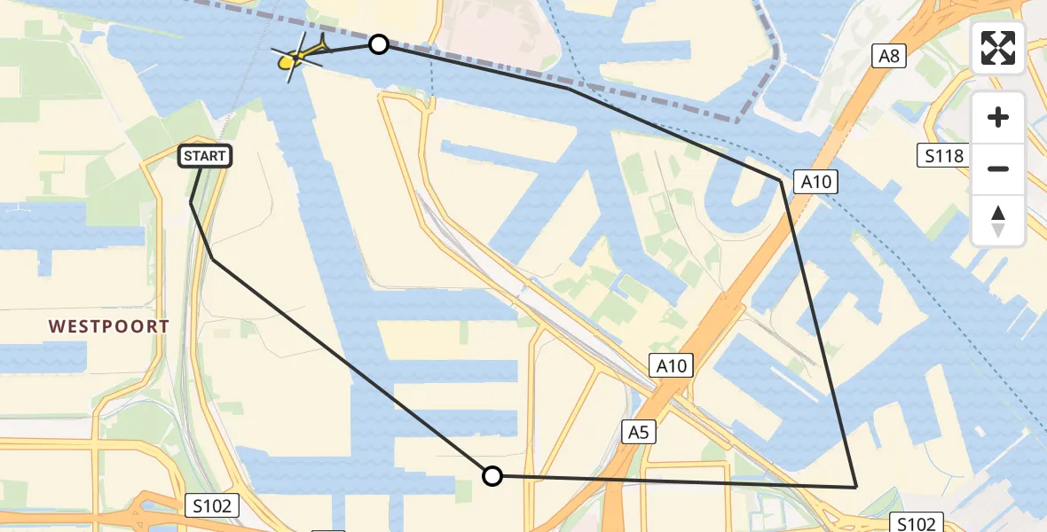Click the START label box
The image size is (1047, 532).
206,157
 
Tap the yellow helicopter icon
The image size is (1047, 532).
293,59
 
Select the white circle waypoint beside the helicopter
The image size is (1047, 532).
379,44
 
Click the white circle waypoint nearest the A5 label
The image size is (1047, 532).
492,476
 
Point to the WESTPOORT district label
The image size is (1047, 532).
109,326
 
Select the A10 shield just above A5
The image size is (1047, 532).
672,365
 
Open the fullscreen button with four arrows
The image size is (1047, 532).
998,48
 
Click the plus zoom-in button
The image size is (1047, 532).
998,117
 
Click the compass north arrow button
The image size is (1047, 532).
998,220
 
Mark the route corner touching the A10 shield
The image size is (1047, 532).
782,181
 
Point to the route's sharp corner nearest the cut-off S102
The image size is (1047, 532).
855,487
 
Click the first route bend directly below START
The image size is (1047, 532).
192,203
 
